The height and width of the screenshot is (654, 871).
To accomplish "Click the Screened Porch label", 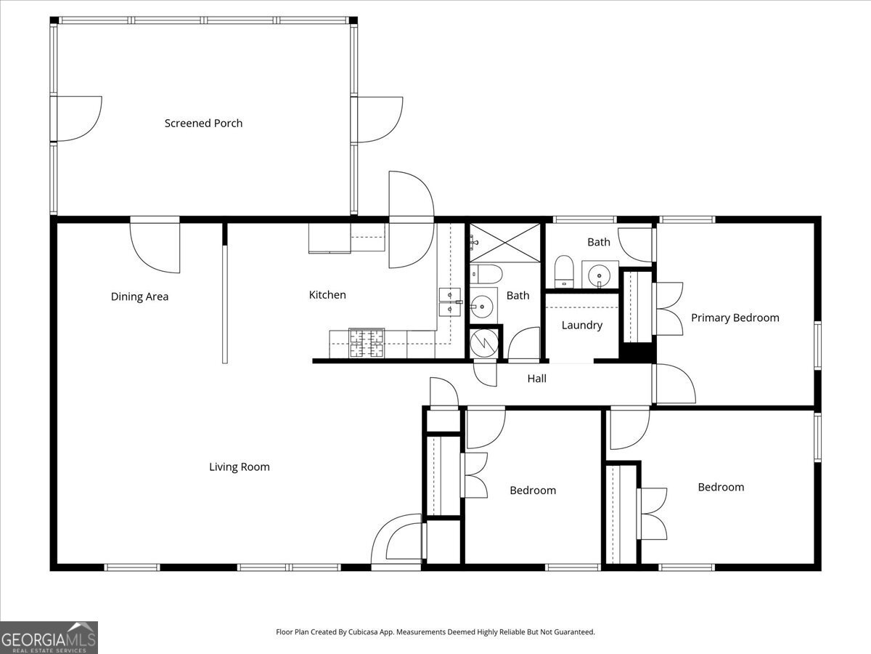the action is (203, 123).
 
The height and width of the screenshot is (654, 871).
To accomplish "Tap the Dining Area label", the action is (139, 296).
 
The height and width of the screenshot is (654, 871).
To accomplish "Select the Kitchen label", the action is (327, 294).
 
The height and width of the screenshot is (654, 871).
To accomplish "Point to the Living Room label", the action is (240, 467).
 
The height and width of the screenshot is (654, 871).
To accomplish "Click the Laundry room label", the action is (582, 326).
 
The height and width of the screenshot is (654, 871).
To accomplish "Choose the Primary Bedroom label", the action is (735, 318).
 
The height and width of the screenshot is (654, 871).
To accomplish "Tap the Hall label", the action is (537, 379).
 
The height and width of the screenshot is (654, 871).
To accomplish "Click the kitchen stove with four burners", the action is (367, 342).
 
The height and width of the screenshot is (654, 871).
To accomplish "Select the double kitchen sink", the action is (451, 302).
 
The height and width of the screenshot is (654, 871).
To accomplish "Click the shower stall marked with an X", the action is (504, 243).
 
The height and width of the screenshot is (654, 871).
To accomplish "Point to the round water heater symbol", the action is (484, 343).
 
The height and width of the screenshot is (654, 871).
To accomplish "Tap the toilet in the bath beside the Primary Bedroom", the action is (564, 271).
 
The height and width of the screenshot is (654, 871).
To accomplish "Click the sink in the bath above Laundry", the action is (600, 275).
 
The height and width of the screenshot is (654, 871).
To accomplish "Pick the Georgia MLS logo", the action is (49, 638).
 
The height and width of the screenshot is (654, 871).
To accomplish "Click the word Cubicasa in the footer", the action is (363, 631).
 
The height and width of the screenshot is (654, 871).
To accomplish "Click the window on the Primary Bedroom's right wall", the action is (817, 345).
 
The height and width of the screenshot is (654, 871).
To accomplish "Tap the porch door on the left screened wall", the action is (76, 118).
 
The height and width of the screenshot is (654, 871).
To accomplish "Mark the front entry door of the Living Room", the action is (397, 542).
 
